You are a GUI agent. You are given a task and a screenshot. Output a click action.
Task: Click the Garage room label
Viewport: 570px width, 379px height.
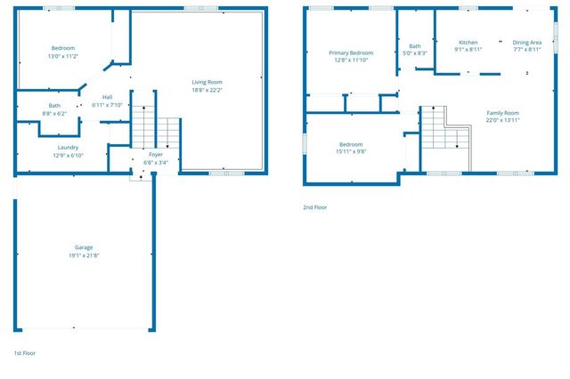tap(84, 247)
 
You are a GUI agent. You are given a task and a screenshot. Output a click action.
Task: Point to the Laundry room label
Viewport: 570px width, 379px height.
tap(68, 147)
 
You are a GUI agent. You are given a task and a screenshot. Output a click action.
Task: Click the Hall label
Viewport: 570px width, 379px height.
tap(107, 97)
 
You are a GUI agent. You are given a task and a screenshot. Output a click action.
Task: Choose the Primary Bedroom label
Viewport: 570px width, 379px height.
tap(350, 52)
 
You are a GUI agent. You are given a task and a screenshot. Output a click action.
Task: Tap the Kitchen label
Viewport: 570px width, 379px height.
tap(468, 42)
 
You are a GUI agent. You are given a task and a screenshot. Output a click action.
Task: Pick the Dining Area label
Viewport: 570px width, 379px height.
tap(526, 42)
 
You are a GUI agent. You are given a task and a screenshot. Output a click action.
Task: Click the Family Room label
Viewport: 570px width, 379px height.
tap(502, 112)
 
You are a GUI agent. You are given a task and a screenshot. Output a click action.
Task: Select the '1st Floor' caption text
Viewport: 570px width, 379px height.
tap(24, 353)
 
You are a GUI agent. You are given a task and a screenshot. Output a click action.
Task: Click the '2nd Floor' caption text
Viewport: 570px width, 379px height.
tap(315, 207)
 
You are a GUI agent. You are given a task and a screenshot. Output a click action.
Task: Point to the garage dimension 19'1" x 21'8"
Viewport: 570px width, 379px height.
tap(84, 256)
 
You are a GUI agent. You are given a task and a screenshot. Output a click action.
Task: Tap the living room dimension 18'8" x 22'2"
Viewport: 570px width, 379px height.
tap(206, 89)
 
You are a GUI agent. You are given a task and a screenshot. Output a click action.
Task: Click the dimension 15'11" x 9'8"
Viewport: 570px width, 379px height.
tap(350, 151)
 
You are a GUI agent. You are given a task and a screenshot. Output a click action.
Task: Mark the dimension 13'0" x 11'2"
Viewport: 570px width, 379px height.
tap(62, 56)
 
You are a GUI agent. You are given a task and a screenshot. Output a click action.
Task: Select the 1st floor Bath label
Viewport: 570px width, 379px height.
tap(54, 105)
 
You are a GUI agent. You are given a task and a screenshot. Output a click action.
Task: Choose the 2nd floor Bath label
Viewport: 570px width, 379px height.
tap(414, 46)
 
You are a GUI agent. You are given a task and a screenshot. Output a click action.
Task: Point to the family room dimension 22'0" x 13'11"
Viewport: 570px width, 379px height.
tap(502, 120)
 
